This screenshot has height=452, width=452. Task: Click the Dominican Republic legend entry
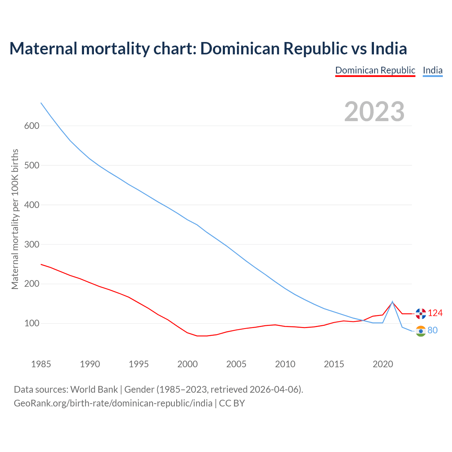click(375, 70)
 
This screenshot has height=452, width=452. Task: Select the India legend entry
click(433, 70)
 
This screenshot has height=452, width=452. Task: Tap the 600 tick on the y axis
click(32, 126)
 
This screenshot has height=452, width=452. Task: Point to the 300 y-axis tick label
click(32, 245)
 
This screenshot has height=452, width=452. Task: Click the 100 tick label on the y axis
click(32, 324)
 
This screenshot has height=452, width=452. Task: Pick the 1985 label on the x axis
click(41, 364)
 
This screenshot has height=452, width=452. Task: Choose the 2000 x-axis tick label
click(188, 364)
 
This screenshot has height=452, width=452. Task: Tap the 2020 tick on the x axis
click(383, 364)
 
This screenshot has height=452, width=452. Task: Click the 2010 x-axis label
click(285, 364)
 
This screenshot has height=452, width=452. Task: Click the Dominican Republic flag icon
click(421, 313)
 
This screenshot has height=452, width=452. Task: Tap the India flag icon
click(421, 331)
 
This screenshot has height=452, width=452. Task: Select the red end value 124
click(435, 313)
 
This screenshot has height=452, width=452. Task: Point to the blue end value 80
click(433, 331)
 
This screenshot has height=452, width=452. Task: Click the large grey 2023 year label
click(374, 112)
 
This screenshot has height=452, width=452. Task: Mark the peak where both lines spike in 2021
click(392, 302)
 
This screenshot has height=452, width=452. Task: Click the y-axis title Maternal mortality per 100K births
click(15, 219)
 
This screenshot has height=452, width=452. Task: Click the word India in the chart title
click(389, 48)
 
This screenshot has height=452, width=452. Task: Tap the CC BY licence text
click(232, 403)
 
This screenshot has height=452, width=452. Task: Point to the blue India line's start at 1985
click(41, 103)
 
